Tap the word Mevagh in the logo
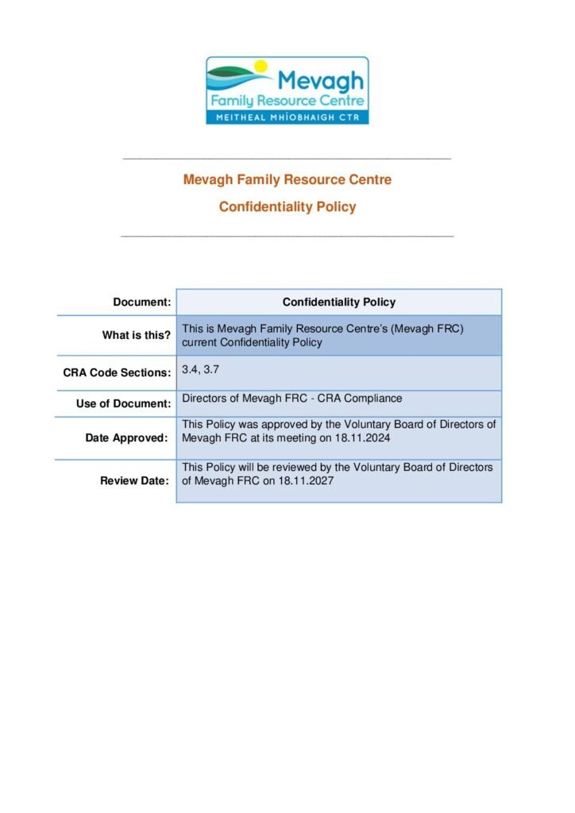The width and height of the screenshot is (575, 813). coord(321,79)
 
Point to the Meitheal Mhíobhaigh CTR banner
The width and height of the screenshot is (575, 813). coord(287,115)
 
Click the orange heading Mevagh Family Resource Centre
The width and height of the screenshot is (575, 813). coord(287,179)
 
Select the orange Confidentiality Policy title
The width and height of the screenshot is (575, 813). coord(287,207)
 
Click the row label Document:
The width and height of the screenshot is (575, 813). coord(142,302)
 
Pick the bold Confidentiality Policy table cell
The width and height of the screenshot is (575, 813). coord(339,302)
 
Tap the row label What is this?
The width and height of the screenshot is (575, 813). coord(136,336)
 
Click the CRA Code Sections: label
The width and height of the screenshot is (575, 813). coord(117,372)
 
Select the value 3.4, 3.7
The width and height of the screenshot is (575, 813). coord(195,370)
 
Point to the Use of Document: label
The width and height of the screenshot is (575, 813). coord(123,404)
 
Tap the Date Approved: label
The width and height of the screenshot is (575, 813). coord(128,438)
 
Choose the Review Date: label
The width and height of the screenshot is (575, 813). coord(134,481)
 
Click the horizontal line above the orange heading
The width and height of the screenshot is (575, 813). coord(287,159)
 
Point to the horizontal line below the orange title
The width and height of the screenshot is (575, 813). coord(287,236)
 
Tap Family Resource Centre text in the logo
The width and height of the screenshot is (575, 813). coord(287,101)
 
